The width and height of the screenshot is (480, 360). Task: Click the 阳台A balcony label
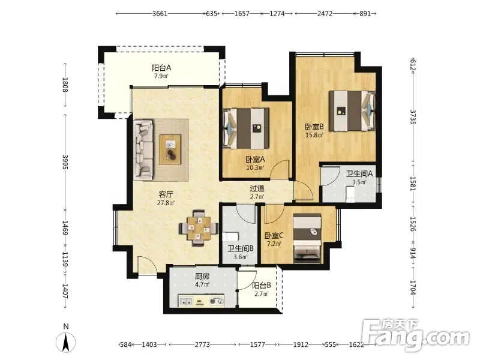[161, 68]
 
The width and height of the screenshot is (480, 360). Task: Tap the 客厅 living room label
[166, 194]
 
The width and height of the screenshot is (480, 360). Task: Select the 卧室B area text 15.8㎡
[314, 134]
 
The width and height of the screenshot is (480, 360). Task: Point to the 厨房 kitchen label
[202, 276]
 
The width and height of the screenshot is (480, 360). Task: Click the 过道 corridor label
[257, 188]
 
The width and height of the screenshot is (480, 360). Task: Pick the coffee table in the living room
[170, 149]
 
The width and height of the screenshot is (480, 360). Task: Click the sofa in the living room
[143, 149]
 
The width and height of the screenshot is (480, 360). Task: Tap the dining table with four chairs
[199, 228]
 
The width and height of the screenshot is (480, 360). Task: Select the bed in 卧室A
[246, 128]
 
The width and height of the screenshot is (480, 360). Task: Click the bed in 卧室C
[307, 238]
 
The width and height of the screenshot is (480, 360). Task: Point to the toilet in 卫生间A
[350, 194]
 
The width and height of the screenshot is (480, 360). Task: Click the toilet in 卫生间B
[230, 236]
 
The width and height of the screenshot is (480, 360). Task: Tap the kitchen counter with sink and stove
[201, 301]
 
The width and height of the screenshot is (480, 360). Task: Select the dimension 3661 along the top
[160, 14]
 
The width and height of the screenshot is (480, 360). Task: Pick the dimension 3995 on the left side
[65, 162]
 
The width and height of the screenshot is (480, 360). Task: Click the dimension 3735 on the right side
[412, 117]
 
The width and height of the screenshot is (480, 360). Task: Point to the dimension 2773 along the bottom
[202, 344]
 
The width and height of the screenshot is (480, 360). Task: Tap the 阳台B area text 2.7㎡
[262, 294]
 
